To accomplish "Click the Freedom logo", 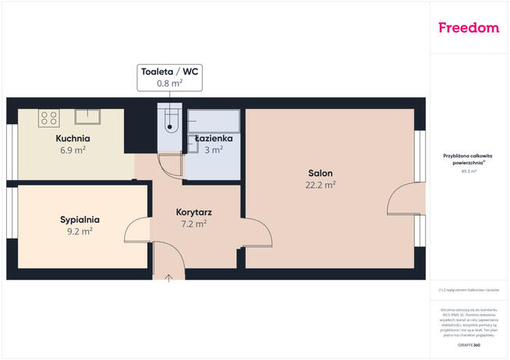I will point(469,28).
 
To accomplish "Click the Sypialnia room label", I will point(80,220).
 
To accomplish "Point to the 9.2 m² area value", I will point(80,231).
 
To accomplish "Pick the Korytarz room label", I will point(195,212).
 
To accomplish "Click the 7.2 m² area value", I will point(195,224).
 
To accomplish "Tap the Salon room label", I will point(320,173).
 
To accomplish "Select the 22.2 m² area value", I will point(320,185).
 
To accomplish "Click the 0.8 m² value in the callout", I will point(169,82).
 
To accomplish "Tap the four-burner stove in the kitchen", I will point(49,118).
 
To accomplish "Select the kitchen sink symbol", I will point(87,117).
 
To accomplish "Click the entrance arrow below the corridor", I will point(169,277).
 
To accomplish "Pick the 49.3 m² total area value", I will point(468,171).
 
